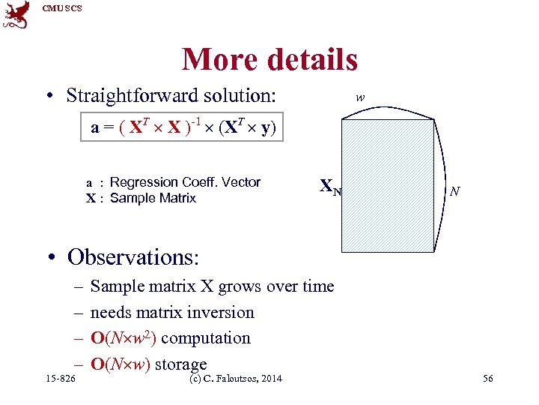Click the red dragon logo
[16, 14]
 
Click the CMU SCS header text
[63, 8]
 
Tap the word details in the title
[311, 59]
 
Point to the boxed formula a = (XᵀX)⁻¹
[184, 127]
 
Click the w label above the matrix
[360, 97]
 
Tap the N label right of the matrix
[454, 192]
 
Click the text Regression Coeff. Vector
[185, 182]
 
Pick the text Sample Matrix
[153, 198]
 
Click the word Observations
[133, 256]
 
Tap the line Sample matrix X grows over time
[212, 286]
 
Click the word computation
[206, 338]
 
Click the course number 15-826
[61, 379]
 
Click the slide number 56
[487, 379]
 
